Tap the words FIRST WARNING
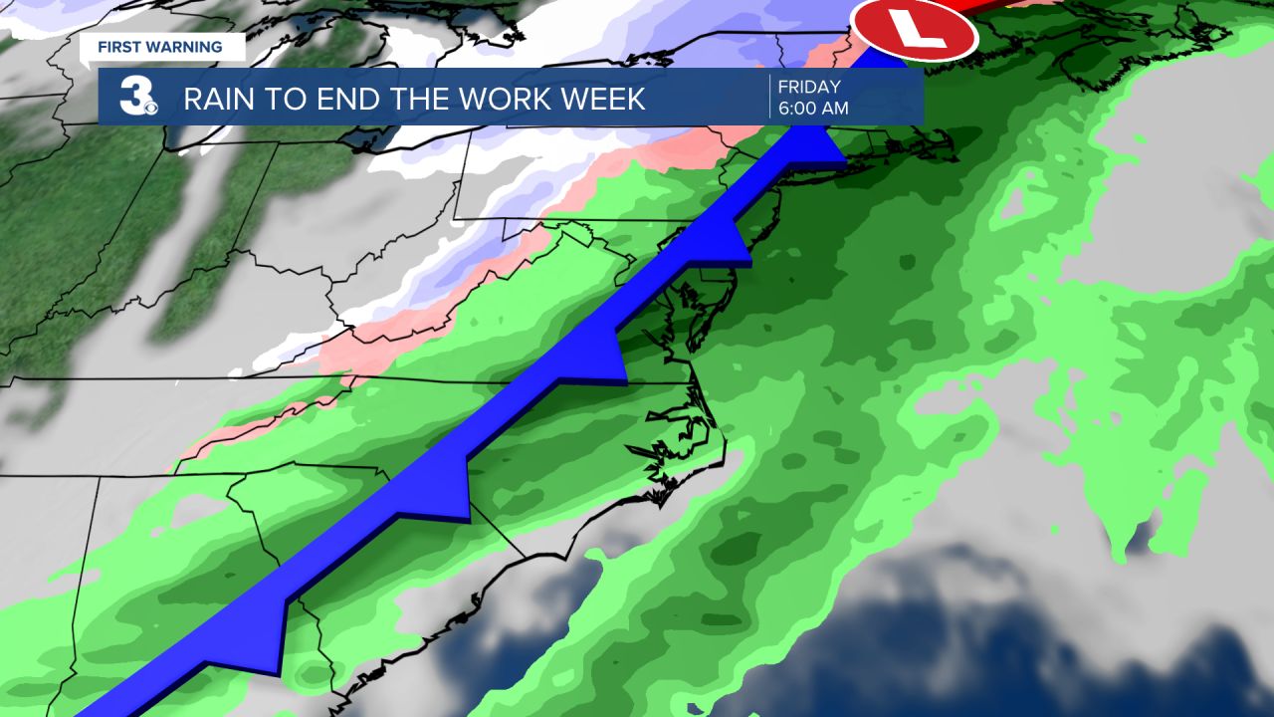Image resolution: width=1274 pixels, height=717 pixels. click(159, 47)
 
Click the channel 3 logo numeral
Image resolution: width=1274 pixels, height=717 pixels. click(133, 97)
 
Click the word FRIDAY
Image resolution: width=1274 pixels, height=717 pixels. click(809, 87)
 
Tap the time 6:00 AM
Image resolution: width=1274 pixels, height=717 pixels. click(813, 109)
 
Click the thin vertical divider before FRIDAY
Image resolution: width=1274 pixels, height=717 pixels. click(769, 97)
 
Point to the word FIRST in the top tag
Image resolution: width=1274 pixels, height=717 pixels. click(118, 47)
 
